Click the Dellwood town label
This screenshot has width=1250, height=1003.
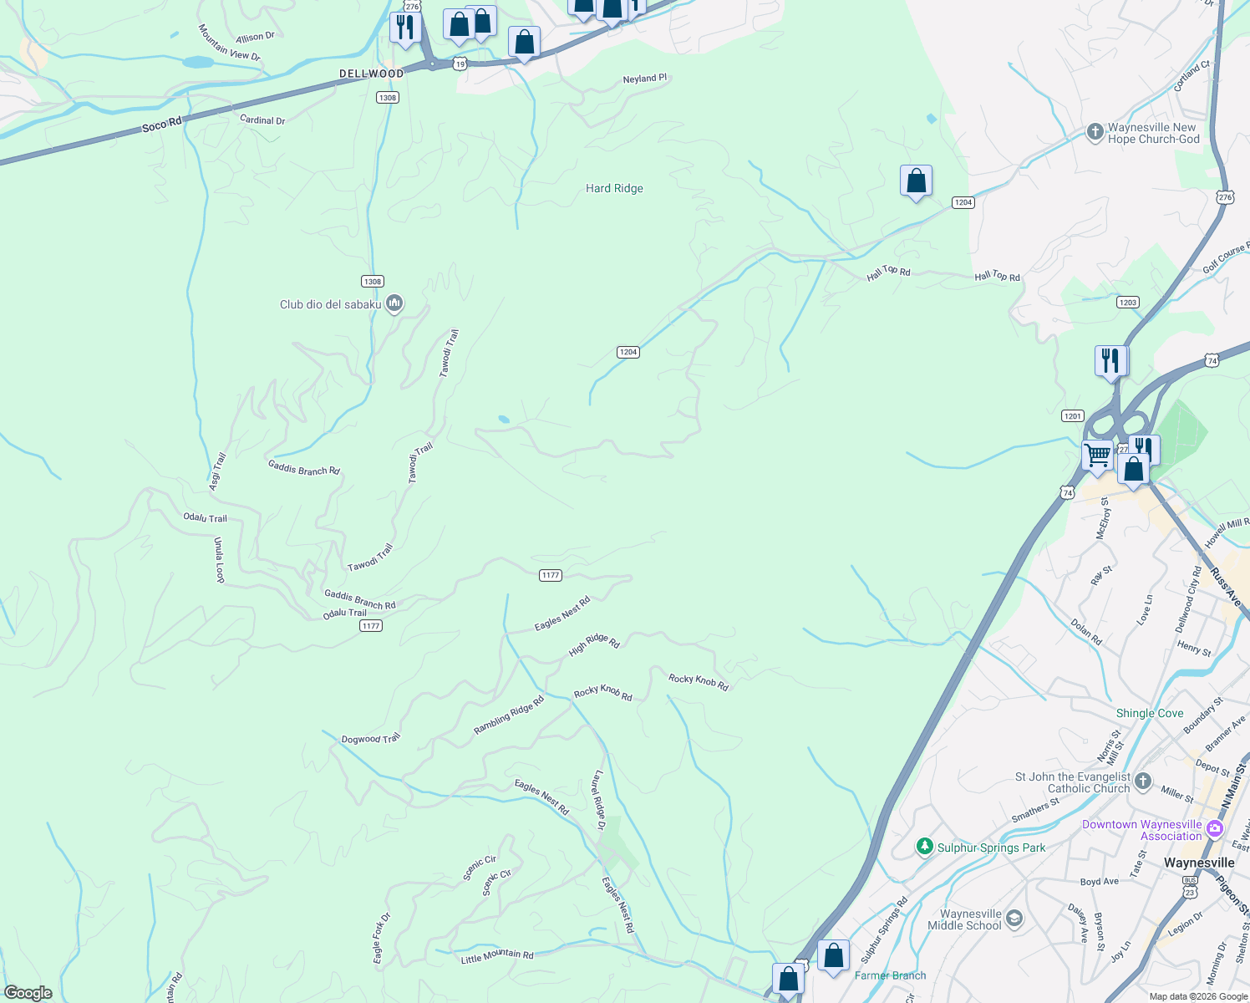371,74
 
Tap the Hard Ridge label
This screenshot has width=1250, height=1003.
614,188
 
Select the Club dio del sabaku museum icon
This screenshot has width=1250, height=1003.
394,303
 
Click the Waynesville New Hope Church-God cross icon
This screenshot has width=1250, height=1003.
1095,132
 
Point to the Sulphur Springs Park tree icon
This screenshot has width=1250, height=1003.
924,847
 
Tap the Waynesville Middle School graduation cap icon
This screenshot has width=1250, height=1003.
1014,919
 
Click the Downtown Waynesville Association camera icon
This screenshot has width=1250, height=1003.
1214,829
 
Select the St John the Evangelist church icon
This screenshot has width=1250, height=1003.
1143,782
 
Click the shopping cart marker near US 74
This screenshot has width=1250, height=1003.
1097,456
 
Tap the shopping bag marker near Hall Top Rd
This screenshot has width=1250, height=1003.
916,181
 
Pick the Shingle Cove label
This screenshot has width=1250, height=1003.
1150,713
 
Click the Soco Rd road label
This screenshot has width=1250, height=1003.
162,125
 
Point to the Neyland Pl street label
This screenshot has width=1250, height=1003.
645,79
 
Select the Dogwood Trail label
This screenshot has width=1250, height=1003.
371,739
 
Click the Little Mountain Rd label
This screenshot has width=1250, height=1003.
496,956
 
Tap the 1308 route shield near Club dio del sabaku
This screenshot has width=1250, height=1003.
373,281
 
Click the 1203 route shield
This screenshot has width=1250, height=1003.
1128,302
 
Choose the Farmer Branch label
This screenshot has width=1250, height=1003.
890,975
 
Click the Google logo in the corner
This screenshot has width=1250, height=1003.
28,993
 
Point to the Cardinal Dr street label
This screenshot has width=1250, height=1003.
262,120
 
